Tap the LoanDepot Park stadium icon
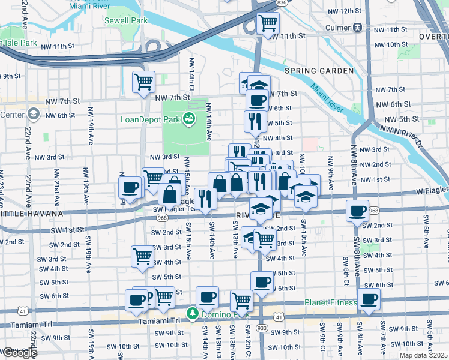tap(189, 118)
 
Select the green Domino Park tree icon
tap(192, 313)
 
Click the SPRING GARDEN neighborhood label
tap(319, 71)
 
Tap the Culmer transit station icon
tap(357, 27)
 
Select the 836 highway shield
tap(281, 3)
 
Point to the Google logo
tap(19, 353)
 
